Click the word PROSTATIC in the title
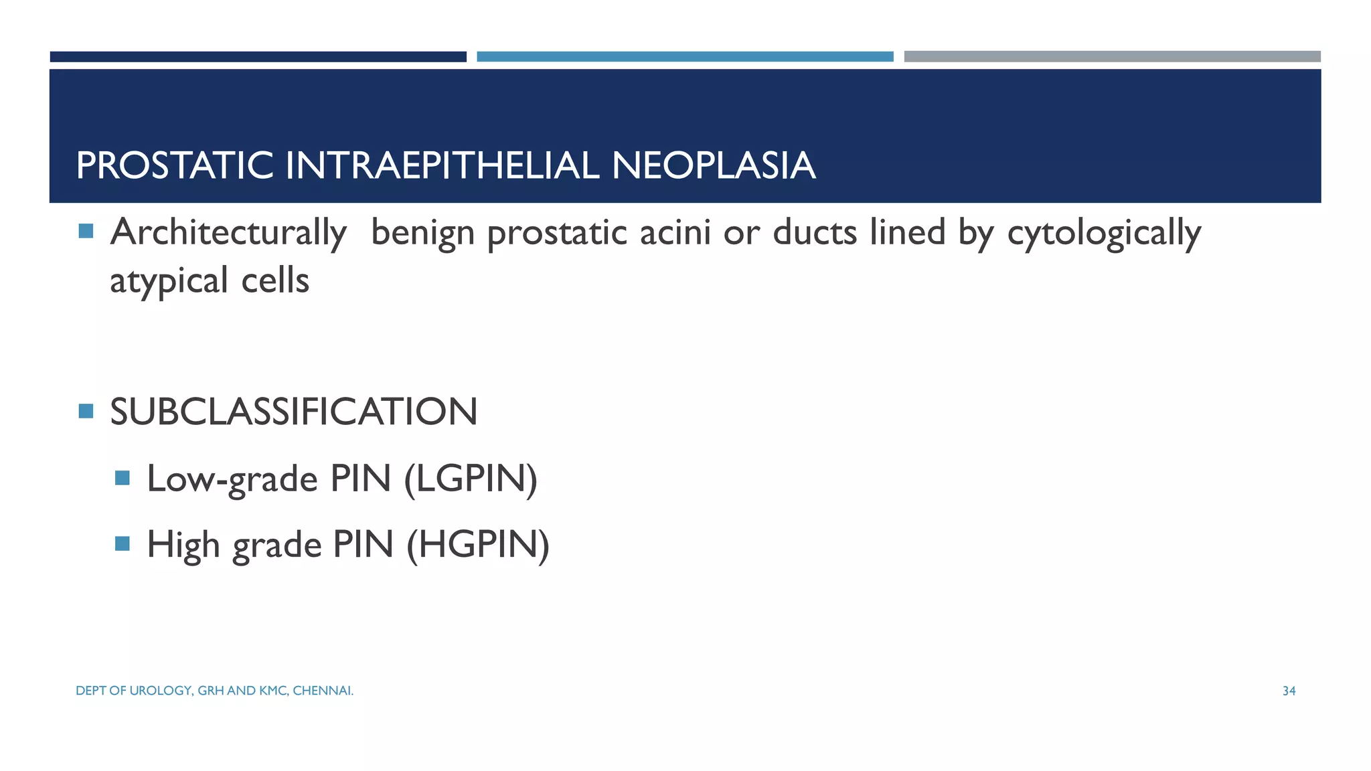tap(175, 165)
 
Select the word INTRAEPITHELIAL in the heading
tap(442, 165)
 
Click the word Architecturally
tap(228, 234)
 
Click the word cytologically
tap(1104, 234)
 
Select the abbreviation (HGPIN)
tap(478, 544)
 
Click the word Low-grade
tap(232, 479)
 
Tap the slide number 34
tap(1289, 691)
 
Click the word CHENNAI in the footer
tap(323, 691)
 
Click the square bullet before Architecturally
tap(86, 232)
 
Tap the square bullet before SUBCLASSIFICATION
tap(86, 411)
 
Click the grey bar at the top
tap(1112, 57)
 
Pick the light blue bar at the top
tap(685, 57)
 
